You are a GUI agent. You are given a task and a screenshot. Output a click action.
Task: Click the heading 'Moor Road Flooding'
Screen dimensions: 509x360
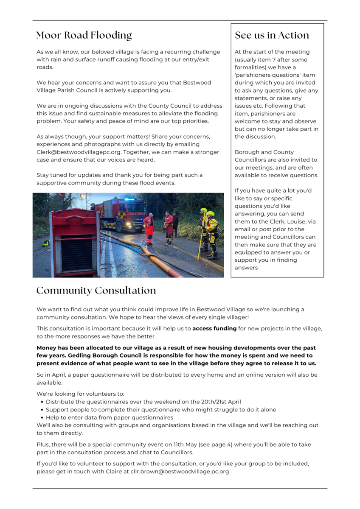[84, 35]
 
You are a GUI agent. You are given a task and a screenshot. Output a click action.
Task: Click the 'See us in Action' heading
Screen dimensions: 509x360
[272, 35]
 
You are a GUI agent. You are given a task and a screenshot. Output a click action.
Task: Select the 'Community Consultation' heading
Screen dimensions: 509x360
[96, 291]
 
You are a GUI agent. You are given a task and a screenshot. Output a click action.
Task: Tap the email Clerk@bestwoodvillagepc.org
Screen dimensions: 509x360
[74, 152]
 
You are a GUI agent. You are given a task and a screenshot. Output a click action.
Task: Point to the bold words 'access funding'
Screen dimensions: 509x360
[214, 328]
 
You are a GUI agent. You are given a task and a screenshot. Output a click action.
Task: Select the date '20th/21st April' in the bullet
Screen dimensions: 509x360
[216, 402]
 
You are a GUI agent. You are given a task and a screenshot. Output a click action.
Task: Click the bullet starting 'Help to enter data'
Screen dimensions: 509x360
[110, 417]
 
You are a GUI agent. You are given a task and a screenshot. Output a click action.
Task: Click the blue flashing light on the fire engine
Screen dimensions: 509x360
[127, 199]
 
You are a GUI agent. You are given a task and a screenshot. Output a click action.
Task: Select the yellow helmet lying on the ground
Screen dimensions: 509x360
[46, 243]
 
